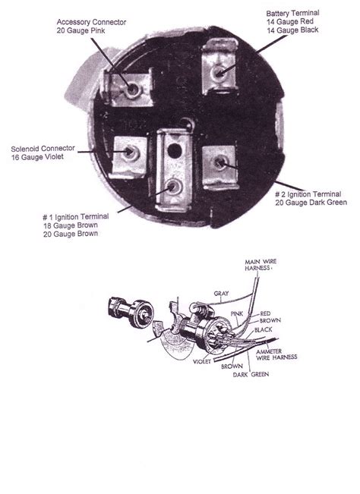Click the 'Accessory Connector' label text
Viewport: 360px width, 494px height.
(x=91, y=22)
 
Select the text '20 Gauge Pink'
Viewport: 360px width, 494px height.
(x=81, y=30)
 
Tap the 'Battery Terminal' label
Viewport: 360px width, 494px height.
(x=293, y=13)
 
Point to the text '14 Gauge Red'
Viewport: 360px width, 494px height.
(x=290, y=21)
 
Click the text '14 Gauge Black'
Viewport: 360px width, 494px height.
(x=292, y=30)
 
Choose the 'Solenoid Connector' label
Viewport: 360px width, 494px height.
(x=43, y=149)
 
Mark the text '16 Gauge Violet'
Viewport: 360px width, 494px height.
(x=37, y=157)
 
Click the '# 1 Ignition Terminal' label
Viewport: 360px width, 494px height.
(x=76, y=217)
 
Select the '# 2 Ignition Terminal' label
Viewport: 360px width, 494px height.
(x=308, y=194)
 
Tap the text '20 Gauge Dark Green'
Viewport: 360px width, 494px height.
(x=311, y=203)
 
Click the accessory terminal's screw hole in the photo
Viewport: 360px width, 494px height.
(x=132, y=90)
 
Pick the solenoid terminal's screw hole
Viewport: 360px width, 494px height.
(x=129, y=153)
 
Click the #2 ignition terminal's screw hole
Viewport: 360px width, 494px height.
(x=219, y=163)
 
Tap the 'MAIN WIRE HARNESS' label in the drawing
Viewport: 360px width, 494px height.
(x=261, y=265)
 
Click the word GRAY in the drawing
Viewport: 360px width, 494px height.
(x=221, y=294)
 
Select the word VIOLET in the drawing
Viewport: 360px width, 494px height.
(x=202, y=362)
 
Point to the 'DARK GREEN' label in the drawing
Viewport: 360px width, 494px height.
(x=251, y=375)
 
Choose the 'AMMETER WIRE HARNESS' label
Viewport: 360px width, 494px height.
(x=276, y=354)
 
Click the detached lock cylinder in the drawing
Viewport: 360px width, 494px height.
(x=131, y=312)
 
